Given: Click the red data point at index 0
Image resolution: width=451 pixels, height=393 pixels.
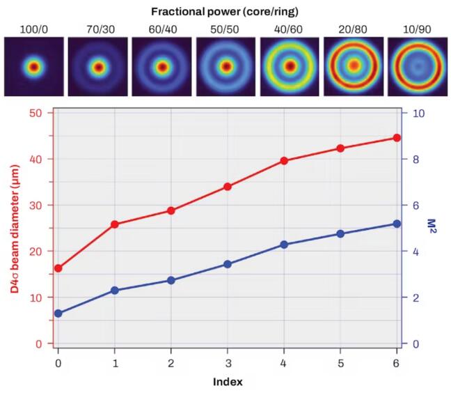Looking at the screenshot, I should point(58,268).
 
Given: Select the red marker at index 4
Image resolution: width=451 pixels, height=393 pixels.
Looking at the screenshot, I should point(284,160).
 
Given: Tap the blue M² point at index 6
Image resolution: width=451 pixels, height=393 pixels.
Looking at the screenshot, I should point(397,224).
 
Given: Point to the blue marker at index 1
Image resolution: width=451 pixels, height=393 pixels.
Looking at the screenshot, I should point(115,290).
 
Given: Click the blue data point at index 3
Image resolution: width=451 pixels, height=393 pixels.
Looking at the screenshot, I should point(228,264).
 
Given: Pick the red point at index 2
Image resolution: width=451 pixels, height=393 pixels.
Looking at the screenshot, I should point(171,210).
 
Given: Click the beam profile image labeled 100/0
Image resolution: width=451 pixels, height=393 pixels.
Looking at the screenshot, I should point(33,68).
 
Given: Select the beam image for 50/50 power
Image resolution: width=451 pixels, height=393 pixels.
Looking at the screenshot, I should point(225,68).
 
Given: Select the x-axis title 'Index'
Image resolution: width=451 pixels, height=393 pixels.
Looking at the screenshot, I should point(228,382).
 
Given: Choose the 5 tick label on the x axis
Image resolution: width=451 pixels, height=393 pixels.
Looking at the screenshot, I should point(340,364).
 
